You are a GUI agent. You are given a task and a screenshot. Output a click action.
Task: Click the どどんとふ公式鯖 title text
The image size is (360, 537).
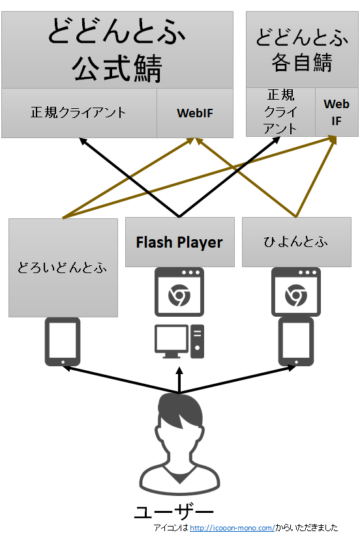[117, 50]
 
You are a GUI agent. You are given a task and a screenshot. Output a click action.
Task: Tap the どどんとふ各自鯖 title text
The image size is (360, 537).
[302, 50]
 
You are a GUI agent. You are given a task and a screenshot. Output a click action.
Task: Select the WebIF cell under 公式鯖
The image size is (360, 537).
[195, 113]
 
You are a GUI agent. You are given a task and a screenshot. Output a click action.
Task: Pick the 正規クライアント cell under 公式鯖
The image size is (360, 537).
[79, 113]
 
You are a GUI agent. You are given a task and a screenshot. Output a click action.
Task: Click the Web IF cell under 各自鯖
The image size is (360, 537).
[337, 112]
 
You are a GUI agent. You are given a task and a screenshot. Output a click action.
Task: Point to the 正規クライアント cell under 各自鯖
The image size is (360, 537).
[280, 112]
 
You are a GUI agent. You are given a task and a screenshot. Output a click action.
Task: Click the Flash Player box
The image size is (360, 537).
[179, 242]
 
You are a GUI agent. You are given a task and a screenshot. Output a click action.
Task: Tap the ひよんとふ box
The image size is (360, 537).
[297, 242]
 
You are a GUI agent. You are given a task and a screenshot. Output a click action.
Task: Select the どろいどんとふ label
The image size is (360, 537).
[63, 267]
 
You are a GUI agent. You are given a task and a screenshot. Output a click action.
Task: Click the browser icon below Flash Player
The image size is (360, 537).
[179, 292]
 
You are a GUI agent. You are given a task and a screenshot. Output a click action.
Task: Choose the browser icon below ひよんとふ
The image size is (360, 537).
[296, 292]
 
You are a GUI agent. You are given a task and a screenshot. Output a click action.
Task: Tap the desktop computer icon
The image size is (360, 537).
[179, 341]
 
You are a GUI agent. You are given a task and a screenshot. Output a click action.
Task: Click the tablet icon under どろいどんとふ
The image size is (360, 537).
[63, 341]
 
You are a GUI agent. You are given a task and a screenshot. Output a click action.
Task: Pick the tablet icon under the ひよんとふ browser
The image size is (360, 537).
[296, 341]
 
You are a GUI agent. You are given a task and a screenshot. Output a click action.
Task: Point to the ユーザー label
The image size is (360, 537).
[174, 512]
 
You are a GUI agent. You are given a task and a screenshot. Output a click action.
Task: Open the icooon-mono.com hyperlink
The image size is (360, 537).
[232, 528]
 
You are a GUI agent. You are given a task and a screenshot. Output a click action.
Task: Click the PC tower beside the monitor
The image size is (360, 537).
[197, 341]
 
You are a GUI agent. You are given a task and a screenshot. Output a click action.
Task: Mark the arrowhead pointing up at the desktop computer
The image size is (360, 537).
[179, 371]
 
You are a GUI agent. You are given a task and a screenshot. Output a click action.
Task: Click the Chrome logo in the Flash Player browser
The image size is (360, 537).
[179, 295]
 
